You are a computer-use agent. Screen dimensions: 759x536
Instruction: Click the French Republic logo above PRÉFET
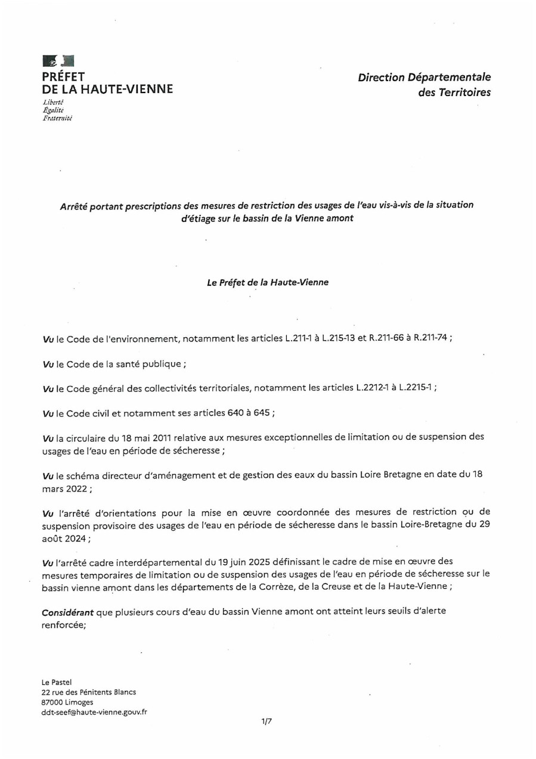click(58, 61)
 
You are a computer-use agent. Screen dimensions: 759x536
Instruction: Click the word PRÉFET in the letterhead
click(63, 76)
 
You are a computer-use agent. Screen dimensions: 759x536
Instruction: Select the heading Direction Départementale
click(424, 77)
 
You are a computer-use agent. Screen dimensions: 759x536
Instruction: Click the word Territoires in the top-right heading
click(462, 92)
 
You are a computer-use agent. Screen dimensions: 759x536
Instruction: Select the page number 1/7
click(267, 722)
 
